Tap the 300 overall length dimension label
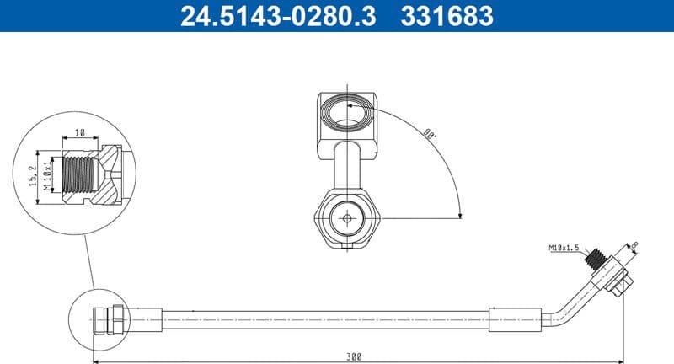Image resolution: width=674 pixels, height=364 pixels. tap(354, 356)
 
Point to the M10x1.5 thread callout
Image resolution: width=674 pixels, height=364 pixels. tap(566, 249)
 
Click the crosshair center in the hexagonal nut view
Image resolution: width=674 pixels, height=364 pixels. tap(346, 217)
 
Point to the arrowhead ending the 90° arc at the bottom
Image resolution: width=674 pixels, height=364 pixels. tap(460, 215)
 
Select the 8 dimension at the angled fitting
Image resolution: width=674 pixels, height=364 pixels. tap(634, 246)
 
